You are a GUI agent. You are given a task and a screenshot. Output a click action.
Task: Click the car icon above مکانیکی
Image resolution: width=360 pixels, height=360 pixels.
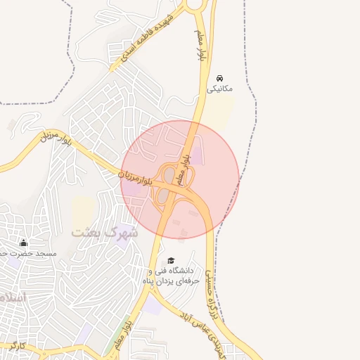coord(220,77)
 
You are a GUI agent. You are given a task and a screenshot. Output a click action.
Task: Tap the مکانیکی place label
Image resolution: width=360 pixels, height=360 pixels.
coord(220,89)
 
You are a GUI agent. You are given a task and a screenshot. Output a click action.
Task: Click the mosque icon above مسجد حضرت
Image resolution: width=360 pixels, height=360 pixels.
coord(24,243)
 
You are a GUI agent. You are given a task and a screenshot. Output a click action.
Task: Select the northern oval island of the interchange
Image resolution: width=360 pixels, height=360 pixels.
coord(169,173)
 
